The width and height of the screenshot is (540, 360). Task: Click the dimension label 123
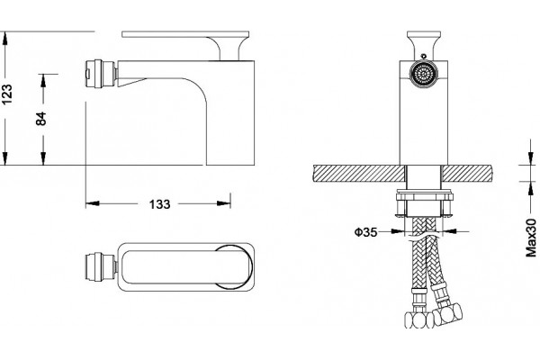click(7, 94)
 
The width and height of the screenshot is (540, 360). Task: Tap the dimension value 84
click(41, 119)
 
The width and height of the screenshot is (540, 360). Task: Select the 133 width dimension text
click(160, 204)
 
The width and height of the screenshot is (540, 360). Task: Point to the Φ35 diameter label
click(365, 232)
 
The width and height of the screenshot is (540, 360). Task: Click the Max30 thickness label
click(531, 238)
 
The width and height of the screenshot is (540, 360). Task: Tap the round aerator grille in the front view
click(423, 74)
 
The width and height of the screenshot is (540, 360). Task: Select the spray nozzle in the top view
click(100, 267)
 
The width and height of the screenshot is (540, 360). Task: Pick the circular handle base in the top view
click(233, 266)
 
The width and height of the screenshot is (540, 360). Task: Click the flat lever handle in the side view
click(185, 34)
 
